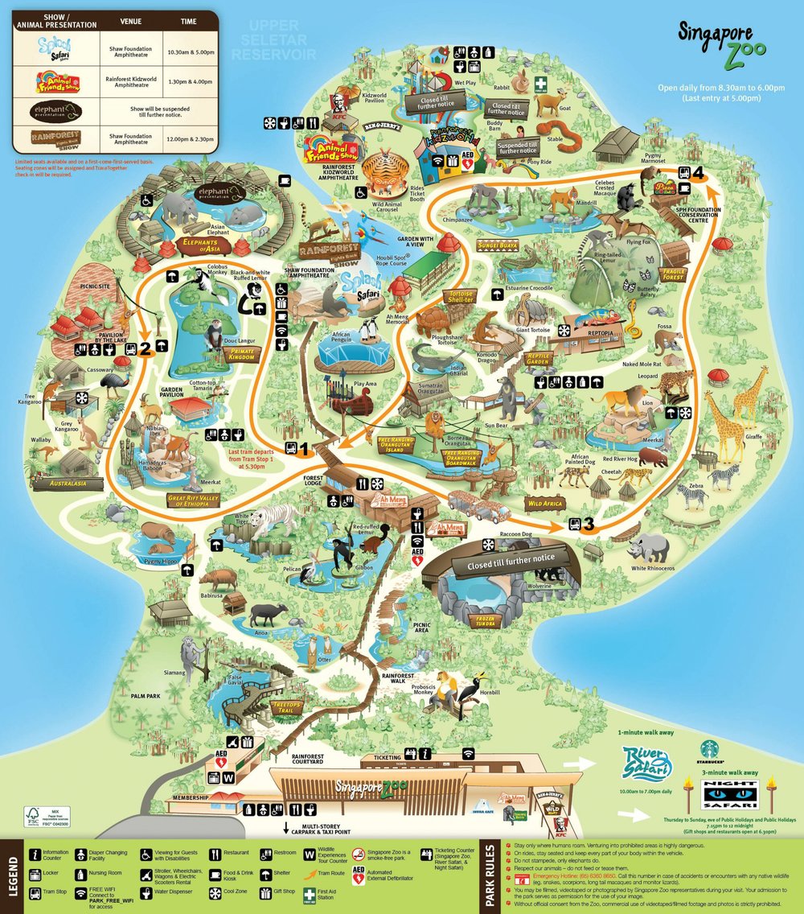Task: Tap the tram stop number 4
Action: click(699, 171)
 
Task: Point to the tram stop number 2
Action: click(145, 349)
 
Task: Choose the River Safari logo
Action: click(647, 762)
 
